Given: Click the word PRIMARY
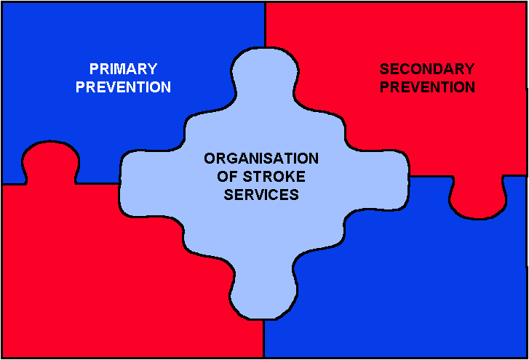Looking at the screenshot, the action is coord(123,69).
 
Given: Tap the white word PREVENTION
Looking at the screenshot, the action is coord(123,87).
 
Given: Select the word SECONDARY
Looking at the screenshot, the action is coord(427,69).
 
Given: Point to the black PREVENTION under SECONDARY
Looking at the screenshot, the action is coord(427,87).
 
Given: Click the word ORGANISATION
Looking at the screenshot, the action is coord(261,159).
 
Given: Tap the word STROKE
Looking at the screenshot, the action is coord(274,177).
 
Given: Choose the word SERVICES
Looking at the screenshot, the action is coord(261,194).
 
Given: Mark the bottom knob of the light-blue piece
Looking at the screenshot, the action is coord(264,293).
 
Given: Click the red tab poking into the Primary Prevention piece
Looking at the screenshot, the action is coord(51,161).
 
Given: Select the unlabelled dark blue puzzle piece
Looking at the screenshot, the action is coord(422,276).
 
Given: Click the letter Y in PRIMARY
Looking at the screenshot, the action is coord(152,69).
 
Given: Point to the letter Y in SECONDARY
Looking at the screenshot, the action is coord(469,69).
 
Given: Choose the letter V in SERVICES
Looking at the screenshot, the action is coord(262,194).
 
